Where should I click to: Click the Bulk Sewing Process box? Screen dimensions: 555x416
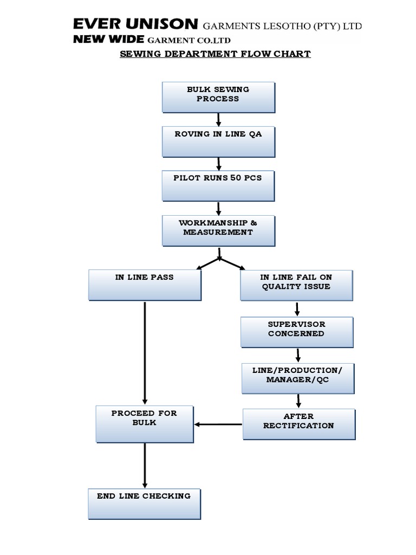coord(218,97)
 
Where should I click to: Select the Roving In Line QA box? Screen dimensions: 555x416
coord(218,141)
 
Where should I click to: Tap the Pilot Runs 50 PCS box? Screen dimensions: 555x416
coord(218,185)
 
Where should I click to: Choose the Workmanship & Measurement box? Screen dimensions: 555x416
coord(218,230)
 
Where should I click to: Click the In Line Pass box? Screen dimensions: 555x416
coord(145,285)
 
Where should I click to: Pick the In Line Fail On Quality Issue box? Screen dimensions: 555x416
coord(296,285)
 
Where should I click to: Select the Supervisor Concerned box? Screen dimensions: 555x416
coord(297,332)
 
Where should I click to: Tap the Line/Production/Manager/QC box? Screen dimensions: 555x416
coord(297,378)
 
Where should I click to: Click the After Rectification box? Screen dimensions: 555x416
coord(298,424)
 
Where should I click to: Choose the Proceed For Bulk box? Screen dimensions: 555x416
coord(145,424)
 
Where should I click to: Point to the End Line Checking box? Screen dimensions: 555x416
coord(144,504)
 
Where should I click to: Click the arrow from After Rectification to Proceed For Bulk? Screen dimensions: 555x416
coord(218,424)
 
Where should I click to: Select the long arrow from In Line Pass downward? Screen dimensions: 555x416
coord(145,352)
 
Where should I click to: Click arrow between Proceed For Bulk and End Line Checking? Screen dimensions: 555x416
coord(145,465)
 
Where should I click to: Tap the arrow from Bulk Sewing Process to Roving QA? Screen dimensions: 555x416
coord(218,119)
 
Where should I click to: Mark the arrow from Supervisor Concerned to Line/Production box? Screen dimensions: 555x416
coord(297,355)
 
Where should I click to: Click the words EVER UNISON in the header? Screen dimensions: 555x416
coord(135,24)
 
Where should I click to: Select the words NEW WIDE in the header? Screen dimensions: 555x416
coord(108,40)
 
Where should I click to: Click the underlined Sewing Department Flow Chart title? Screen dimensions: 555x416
coord(215,54)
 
